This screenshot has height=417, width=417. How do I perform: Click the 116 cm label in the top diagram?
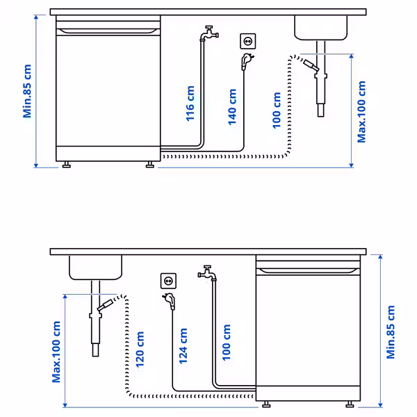190,104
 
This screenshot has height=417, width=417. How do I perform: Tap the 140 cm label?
232,107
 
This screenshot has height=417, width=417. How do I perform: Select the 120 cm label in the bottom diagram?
140,350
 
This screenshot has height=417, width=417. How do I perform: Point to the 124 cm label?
183,346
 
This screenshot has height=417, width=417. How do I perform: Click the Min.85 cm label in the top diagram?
27,91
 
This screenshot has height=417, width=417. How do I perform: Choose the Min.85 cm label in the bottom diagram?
391,332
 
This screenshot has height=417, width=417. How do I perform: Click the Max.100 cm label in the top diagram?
361,112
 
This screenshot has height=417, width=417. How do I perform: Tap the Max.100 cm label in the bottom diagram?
56,352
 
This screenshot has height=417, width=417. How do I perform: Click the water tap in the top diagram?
209,33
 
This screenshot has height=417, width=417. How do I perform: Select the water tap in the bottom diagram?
207,272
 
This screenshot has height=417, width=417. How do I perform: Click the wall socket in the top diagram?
248,41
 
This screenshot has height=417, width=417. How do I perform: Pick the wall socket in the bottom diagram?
168,281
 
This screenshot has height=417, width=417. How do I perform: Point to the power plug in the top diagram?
247,61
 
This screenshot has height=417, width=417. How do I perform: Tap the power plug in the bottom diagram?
170,301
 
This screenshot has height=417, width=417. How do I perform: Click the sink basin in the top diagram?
320,28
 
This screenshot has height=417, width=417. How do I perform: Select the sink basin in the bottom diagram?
95,268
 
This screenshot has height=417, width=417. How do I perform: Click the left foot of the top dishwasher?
67,165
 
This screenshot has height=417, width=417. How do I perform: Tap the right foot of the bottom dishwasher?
350,404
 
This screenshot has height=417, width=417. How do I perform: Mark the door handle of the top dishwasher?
108,31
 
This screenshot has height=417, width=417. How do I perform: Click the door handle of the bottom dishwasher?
308,271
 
